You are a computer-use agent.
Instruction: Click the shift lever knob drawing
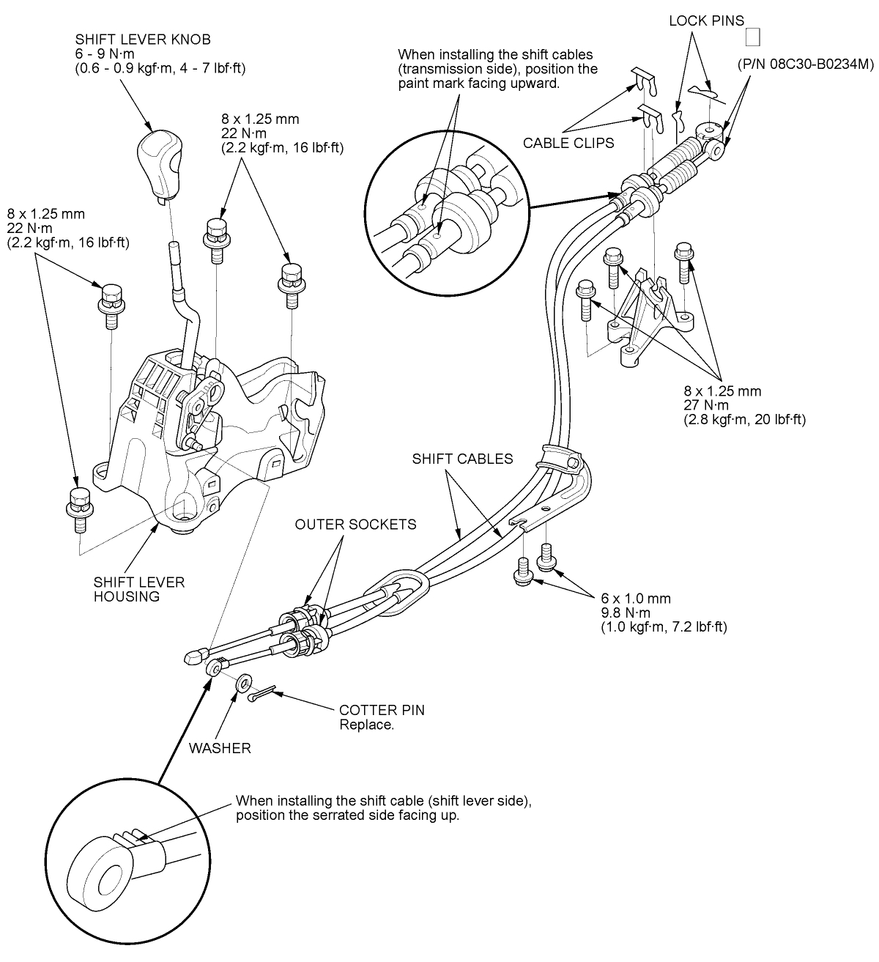tap(157, 162)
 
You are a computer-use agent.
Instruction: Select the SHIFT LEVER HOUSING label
tap(139, 588)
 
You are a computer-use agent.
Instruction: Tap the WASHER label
tap(220, 748)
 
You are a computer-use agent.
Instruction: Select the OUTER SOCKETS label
tap(355, 524)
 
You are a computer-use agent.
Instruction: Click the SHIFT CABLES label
tap(462, 459)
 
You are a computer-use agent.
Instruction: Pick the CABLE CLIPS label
tap(568, 143)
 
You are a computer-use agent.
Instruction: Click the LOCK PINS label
tap(706, 21)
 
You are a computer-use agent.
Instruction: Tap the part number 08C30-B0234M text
tap(806, 64)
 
